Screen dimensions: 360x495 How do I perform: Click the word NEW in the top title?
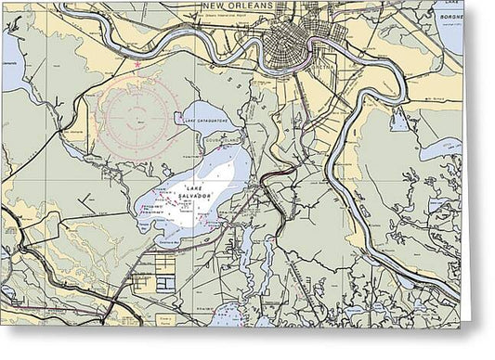point(212,6)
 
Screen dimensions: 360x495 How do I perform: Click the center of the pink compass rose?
point(137,118)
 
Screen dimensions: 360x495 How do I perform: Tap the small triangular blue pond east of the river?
point(400,120)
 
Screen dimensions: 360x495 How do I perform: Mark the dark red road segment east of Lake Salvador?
point(278,174)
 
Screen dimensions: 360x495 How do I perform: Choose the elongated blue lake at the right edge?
point(440,148)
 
